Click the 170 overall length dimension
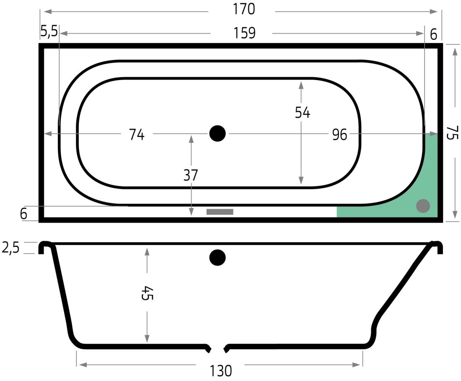pyautogui.click(x=244, y=9)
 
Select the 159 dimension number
pyautogui.click(x=244, y=33)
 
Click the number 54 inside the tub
pyautogui.click(x=302, y=113)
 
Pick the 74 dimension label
pyautogui.click(x=137, y=135)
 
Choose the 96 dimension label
pyautogui.click(x=339, y=135)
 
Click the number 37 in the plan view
pyautogui.click(x=191, y=175)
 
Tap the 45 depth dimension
pyautogui.click(x=147, y=293)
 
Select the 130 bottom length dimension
pyautogui.click(x=221, y=371)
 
